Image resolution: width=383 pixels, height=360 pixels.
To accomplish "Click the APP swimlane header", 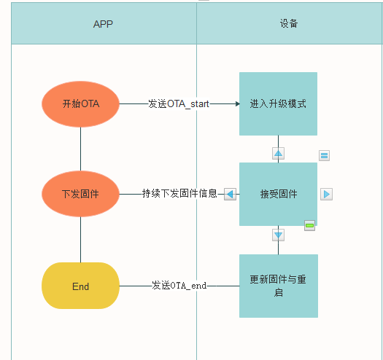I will pos(103,24).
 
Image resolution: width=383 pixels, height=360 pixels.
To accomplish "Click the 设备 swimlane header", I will pos(289,24).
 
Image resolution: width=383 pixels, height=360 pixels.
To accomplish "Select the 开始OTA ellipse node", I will pos(80,103).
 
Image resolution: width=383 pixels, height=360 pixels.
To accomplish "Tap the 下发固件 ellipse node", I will pos(80,194).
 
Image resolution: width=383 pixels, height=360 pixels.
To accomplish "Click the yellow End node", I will pos(80,286).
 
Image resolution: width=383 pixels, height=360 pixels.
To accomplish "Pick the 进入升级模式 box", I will pos(278,103).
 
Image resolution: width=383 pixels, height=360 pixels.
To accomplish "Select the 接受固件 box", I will pos(278,194).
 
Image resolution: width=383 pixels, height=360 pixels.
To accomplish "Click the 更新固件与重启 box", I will pos(278,286).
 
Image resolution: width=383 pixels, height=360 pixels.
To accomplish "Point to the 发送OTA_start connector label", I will pos(179,103).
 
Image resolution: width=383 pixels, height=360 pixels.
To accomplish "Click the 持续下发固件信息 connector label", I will pos(179,194).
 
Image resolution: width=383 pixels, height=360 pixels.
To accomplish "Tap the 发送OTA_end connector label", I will pos(179,286).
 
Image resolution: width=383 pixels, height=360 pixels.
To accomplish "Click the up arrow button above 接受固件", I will pos(278,153).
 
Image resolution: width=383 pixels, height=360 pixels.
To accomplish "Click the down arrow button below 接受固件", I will pos(278,235).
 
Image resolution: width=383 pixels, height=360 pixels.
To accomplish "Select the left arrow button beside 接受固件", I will pos(230,194).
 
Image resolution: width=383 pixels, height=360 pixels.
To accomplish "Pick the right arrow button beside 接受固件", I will pos(326,194).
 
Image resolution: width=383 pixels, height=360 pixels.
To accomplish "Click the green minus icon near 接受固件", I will pos(309,226).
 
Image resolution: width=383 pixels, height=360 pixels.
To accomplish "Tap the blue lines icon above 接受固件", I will pos(325,155).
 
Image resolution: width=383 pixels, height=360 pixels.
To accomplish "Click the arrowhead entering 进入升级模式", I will pos(236,103).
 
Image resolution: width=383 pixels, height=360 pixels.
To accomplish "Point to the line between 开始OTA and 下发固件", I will pos(80,149).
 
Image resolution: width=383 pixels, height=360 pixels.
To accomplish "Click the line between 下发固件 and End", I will pos(80,240).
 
